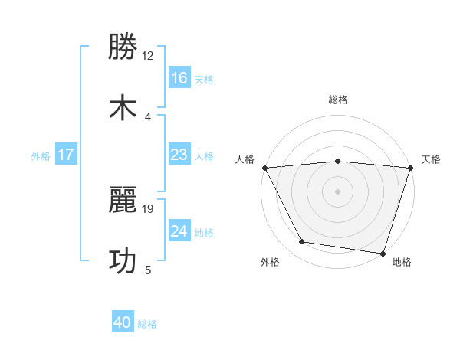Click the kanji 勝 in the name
pyautogui.click(x=123, y=47)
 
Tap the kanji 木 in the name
pyautogui.click(x=123, y=107)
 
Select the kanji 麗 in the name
pyautogui.click(x=123, y=199)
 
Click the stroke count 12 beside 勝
pyautogui.click(x=148, y=56)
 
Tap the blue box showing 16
pyautogui.click(x=179, y=78)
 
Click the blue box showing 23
pyautogui.click(x=179, y=155)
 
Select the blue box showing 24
pyautogui.click(x=179, y=231)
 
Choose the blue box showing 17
pyautogui.click(x=66, y=155)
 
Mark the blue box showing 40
pyautogui.click(x=123, y=322)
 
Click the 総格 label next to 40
pyautogui.click(x=147, y=324)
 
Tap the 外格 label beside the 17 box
pyautogui.click(x=41, y=155)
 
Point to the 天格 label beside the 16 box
pyautogui.click(x=204, y=80)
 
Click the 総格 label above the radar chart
pyautogui.click(x=337, y=100)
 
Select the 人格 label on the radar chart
pyautogui.click(x=245, y=159)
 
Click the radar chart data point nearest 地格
pyautogui.click(x=382, y=253)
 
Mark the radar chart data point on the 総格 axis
pyautogui.click(x=337, y=161)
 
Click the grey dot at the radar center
pyautogui.click(x=337, y=191)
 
